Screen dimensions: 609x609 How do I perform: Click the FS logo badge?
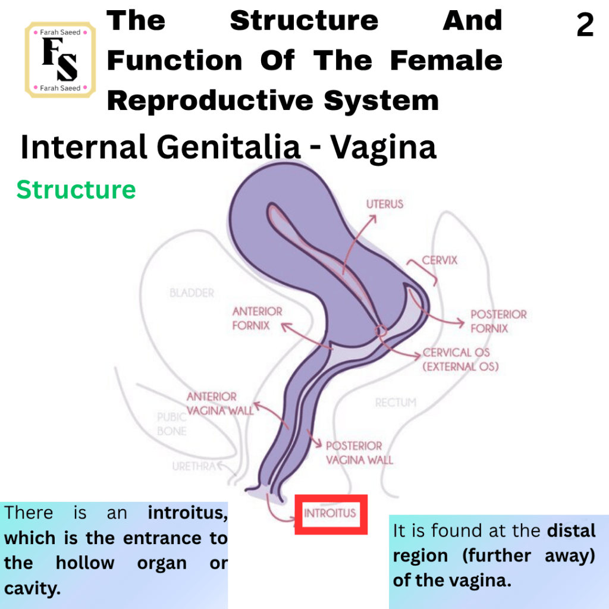(x=60, y=60)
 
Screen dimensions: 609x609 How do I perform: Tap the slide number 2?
(x=585, y=25)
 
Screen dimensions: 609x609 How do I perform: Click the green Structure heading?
(x=76, y=190)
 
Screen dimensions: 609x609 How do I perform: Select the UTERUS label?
(x=385, y=204)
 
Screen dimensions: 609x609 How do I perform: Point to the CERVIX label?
(x=440, y=260)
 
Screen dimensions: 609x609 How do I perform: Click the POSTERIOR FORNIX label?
(x=499, y=321)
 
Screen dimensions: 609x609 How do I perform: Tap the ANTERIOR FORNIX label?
(x=257, y=318)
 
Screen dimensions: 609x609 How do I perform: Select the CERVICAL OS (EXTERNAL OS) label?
(x=460, y=359)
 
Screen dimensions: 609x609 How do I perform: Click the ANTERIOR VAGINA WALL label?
(x=220, y=403)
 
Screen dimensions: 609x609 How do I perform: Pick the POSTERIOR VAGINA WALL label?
(x=359, y=453)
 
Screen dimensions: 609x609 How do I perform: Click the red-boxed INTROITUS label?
(x=330, y=513)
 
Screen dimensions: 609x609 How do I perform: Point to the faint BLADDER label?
(x=192, y=293)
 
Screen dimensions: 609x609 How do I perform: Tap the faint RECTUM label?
(x=395, y=403)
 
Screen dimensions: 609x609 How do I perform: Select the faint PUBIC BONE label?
(x=172, y=423)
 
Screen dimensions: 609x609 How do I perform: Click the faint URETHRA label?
(x=194, y=466)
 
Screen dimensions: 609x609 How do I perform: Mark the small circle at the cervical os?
(x=381, y=331)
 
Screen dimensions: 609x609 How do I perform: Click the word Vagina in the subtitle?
(x=384, y=147)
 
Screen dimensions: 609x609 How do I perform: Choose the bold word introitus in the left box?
(x=187, y=513)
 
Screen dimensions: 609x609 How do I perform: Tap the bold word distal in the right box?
(x=571, y=530)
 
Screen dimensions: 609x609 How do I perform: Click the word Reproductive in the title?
(x=210, y=101)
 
